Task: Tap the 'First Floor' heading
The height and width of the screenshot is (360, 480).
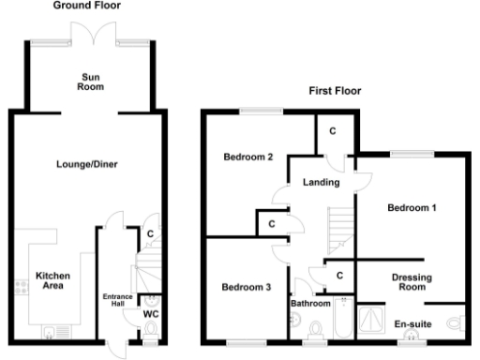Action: point(335,91)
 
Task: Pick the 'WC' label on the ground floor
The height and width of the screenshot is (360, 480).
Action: point(149,315)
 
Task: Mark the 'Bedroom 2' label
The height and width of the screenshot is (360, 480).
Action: point(247,157)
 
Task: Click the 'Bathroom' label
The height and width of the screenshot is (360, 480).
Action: point(309,304)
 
